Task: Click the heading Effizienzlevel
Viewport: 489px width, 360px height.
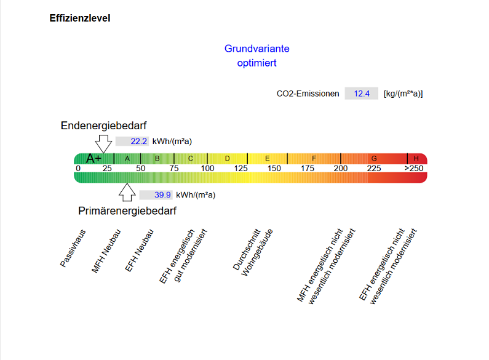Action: coord(80,18)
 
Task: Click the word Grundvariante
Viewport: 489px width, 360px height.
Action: coord(256,49)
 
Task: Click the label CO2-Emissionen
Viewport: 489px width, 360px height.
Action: coord(308,94)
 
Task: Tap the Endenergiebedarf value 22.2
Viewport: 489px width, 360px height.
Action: coord(138,141)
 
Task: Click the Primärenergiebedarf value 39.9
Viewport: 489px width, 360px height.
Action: coord(162,194)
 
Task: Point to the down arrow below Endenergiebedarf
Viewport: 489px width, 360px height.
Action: coord(104,143)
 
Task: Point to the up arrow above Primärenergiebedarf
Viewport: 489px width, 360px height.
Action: coord(127,191)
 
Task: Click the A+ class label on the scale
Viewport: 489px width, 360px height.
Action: coord(93,159)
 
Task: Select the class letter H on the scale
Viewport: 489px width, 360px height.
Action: coord(416,159)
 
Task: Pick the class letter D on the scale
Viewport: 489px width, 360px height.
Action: coord(227,159)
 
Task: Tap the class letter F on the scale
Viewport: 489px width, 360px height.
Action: coord(314,159)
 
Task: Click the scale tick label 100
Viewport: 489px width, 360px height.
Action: coord(207,169)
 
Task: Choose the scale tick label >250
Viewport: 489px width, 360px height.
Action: coord(414,169)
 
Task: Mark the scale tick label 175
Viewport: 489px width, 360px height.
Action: coord(307,169)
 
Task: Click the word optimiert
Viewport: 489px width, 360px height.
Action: coord(256,63)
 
